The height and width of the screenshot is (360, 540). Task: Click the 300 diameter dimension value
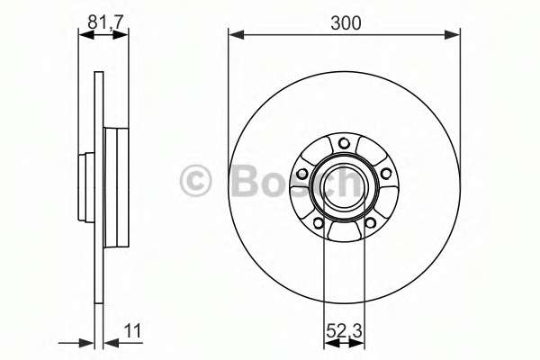[346, 23]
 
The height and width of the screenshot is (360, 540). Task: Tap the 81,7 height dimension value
[105, 22]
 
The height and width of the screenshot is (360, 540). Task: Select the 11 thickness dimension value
[132, 331]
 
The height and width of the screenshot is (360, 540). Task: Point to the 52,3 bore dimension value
[344, 331]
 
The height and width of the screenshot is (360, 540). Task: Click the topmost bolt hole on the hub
[344, 143]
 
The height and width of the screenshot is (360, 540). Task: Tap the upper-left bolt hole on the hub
[302, 174]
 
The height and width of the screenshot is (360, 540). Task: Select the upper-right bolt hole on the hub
[386, 174]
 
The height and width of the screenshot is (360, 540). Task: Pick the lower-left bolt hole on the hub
[319, 223]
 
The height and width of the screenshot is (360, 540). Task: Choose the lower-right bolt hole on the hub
[370, 223]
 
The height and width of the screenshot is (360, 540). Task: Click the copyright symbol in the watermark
[195, 181]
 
